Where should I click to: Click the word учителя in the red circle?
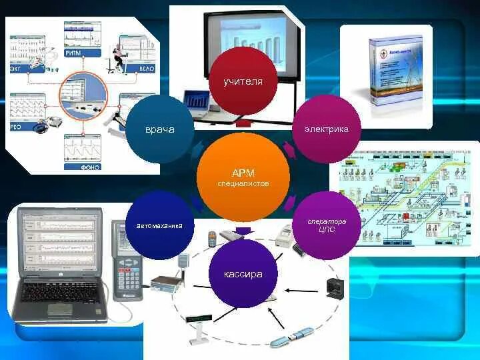click(243, 81)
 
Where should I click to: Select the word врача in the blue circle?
click(159, 129)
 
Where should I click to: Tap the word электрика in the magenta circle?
click(326, 129)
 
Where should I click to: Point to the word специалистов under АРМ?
click(243, 183)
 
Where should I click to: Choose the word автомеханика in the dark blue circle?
click(159, 225)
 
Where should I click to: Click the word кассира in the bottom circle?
click(243, 274)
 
